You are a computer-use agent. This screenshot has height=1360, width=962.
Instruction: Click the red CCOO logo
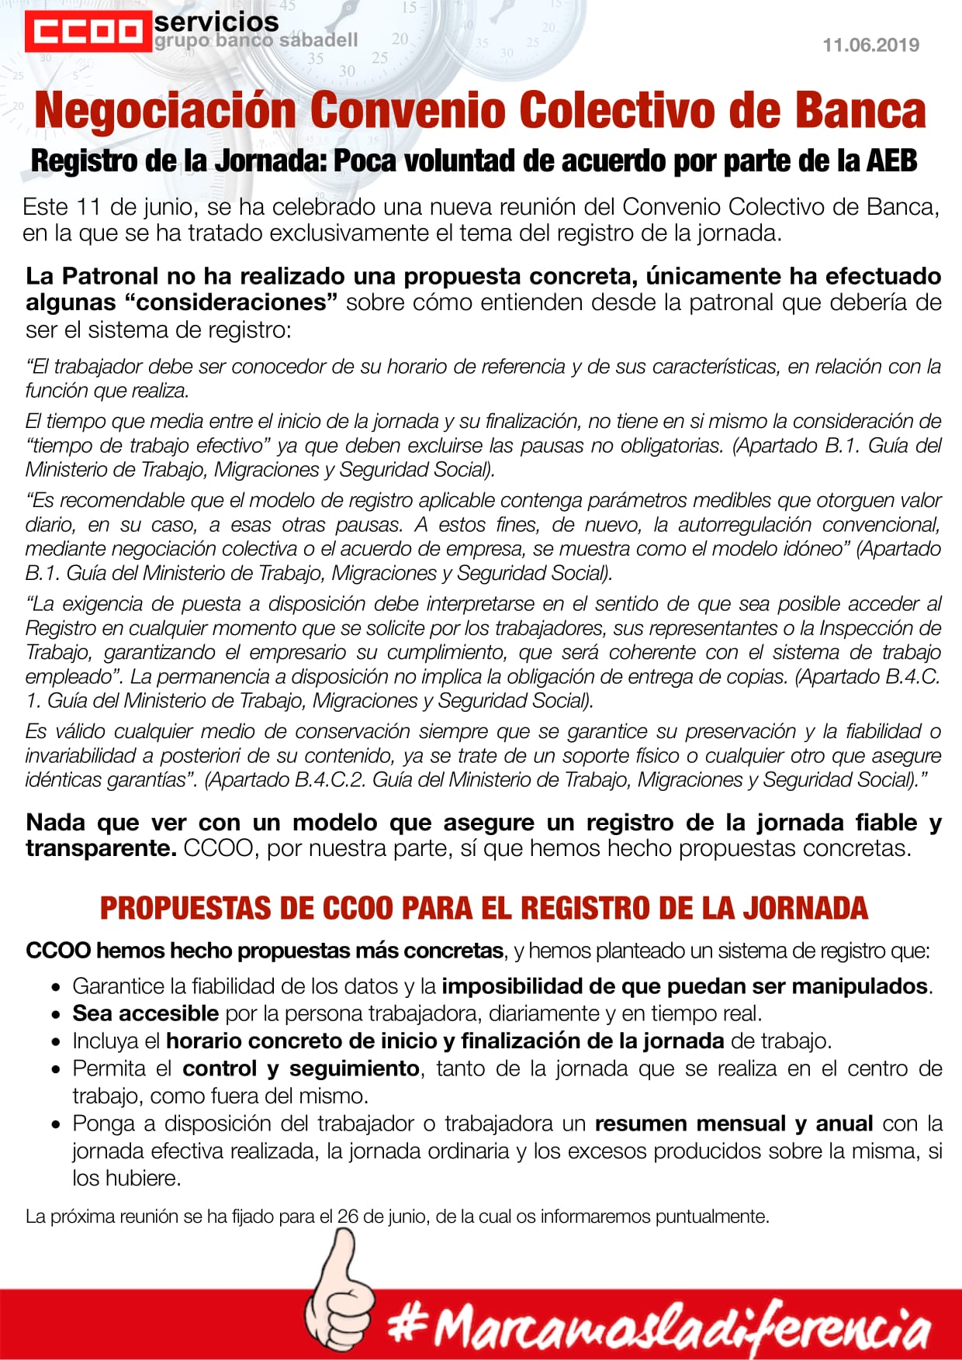(88, 32)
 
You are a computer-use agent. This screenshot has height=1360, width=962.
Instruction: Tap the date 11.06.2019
(870, 45)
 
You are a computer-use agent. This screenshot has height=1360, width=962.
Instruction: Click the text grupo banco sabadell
(256, 40)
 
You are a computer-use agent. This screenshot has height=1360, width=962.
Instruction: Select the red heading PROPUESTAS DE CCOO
(483, 909)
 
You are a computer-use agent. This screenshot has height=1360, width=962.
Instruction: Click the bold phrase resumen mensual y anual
(733, 1124)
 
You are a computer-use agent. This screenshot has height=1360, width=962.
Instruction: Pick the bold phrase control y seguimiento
(301, 1068)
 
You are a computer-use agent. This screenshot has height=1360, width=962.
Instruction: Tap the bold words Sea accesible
(145, 1013)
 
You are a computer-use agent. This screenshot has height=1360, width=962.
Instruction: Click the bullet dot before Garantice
(56, 988)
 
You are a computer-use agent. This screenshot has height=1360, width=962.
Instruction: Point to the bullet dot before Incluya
(56, 1042)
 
